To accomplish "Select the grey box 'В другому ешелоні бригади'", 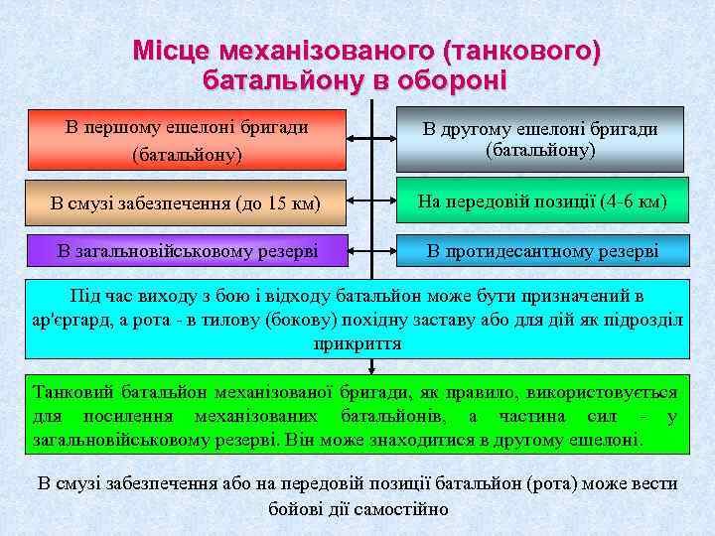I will click(x=540, y=140).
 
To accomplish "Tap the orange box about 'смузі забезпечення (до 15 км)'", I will click(x=186, y=203).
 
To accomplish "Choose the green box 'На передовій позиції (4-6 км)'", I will click(x=541, y=202).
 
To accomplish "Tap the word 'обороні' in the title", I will click(x=453, y=78).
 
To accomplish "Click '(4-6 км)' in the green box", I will click(x=634, y=202).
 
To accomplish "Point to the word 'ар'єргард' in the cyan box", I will click(x=71, y=320).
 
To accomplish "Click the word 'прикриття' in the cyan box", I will click(x=357, y=342).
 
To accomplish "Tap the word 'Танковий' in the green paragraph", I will click(x=75, y=392).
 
